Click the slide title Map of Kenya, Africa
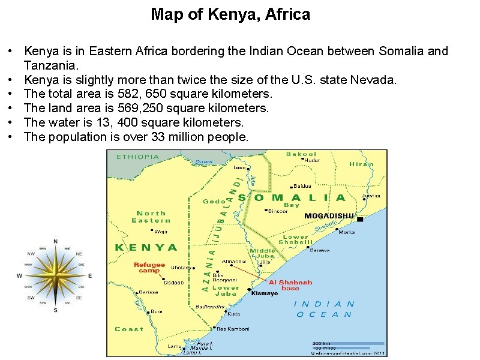pyautogui.click(x=230, y=14)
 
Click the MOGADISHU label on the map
pyautogui.click(x=329, y=215)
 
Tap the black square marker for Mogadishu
pyautogui.click(x=359, y=219)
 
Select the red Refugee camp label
pyautogui.click(x=149, y=267)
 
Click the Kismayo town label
pyautogui.click(x=265, y=293)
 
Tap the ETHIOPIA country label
pyautogui.click(x=138, y=157)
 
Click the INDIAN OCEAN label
pyautogui.click(x=325, y=309)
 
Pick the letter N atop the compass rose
pyautogui.click(x=55, y=241)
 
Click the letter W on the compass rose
pyautogui.click(x=19, y=276)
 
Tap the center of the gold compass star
pyautogui.click(x=55, y=276)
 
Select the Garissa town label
pyautogui.click(x=148, y=292)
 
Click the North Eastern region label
pyautogui.click(x=151, y=217)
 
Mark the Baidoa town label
pyautogui.click(x=302, y=186)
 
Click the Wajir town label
pyautogui.click(x=161, y=231)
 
